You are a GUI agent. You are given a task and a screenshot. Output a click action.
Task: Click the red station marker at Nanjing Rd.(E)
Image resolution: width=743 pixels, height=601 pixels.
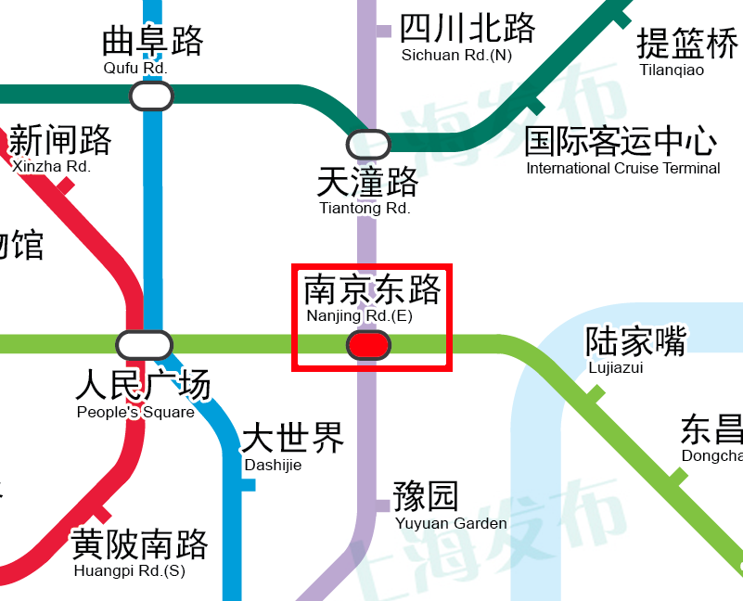[x=368, y=345]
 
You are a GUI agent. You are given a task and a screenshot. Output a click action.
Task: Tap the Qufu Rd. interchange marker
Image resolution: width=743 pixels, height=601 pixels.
[x=151, y=96]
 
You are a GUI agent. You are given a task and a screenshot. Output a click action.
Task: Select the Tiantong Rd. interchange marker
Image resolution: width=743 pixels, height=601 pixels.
[x=368, y=145]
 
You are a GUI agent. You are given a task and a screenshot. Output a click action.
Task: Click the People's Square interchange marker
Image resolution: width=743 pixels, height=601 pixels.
[x=144, y=345]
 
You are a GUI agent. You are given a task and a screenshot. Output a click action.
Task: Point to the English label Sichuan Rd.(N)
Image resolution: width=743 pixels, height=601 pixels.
[x=455, y=56]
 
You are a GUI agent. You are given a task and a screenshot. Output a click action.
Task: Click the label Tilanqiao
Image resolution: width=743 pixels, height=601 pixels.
[x=672, y=70]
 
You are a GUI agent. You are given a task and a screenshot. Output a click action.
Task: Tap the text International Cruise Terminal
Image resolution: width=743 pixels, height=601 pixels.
[x=622, y=169]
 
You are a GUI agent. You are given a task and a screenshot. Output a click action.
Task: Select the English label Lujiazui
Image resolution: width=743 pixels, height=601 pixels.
[x=616, y=368]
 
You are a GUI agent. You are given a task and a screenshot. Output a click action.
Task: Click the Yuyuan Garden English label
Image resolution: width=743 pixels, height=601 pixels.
[x=451, y=524]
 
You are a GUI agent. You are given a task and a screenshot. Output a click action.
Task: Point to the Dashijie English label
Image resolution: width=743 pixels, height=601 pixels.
[x=273, y=466]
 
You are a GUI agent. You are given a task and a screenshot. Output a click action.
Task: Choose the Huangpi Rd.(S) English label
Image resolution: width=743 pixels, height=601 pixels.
[x=129, y=571]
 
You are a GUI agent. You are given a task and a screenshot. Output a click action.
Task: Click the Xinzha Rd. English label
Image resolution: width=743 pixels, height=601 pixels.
[x=51, y=167]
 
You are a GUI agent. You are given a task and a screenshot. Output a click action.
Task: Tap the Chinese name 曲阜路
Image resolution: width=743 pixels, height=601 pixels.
[x=152, y=42]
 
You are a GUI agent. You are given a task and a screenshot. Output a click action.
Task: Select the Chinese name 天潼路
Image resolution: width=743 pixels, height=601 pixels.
[x=367, y=181]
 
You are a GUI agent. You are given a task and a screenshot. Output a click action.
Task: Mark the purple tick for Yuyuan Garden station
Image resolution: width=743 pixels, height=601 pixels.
[x=381, y=505]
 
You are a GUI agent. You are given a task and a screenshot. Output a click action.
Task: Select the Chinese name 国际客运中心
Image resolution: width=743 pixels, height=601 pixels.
[x=621, y=142]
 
